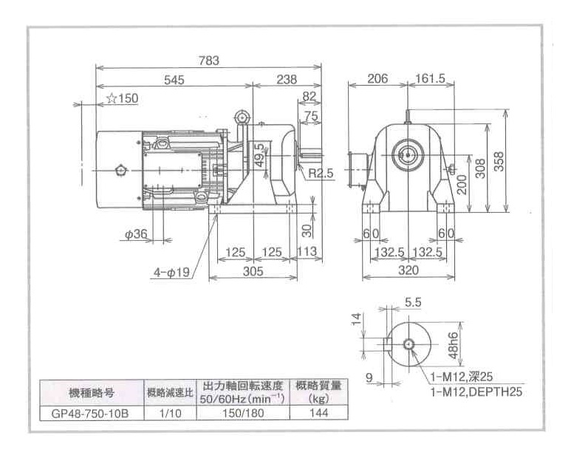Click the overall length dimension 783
[209, 61]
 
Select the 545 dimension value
[174, 79]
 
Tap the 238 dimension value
[286, 79]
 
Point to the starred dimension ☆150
[122, 98]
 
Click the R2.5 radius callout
[321, 174]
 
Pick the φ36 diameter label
[136, 234]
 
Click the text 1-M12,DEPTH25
[476, 391]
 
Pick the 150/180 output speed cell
[243, 414]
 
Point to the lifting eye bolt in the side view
[242, 118]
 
